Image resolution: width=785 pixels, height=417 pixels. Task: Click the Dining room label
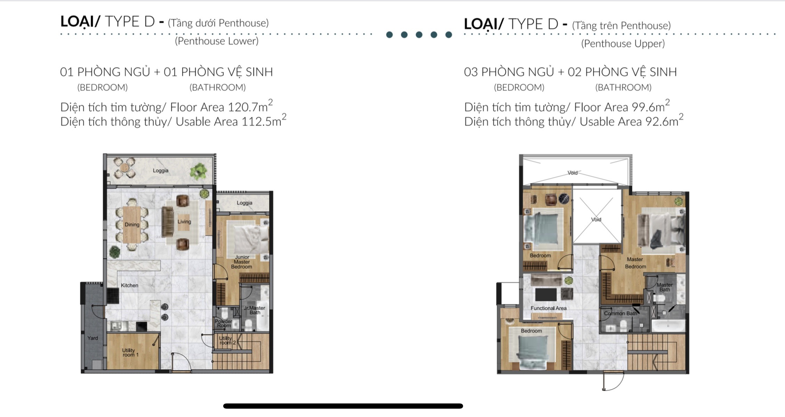(132, 224)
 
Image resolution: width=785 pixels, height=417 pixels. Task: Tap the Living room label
(184, 222)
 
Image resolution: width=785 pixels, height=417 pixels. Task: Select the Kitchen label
(130, 285)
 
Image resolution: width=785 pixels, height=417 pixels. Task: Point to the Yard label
(92, 338)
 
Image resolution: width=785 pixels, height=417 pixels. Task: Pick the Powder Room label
(223, 323)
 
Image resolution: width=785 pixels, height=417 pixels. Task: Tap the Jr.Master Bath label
(254, 310)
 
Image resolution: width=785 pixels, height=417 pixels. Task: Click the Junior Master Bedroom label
(242, 262)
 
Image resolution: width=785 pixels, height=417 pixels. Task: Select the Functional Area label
(549, 308)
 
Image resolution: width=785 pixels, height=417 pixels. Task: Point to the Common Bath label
(621, 313)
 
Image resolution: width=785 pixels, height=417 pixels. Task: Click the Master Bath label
(665, 287)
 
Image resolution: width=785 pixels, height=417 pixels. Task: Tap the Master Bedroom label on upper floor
(636, 263)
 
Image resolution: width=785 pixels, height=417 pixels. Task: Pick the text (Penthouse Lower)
(217, 41)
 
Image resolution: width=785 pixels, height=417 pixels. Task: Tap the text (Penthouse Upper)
(623, 43)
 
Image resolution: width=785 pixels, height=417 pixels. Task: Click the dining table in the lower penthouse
(132, 224)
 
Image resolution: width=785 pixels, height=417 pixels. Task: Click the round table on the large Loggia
(124, 167)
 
